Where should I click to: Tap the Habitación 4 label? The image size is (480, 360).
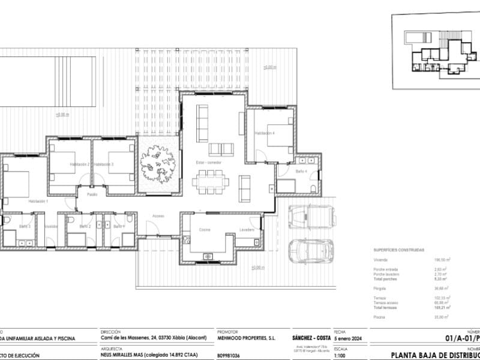[264, 133]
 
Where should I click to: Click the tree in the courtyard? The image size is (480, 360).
[157, 164]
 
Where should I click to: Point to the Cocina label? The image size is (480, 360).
[205, 230]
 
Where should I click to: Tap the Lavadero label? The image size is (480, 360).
[247, 230]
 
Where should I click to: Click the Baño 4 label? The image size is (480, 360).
[301, 172]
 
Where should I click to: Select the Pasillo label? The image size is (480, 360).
[92, 194]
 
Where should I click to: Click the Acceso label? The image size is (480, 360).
[158, 215]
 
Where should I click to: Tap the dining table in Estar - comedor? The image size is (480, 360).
[210, 181]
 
